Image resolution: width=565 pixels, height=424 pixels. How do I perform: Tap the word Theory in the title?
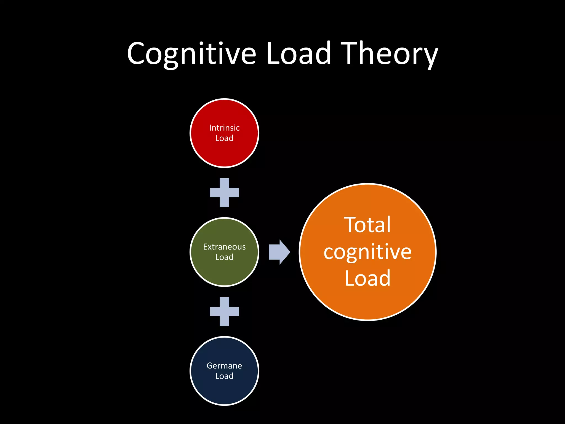pyautogui.click(x=389, y=54)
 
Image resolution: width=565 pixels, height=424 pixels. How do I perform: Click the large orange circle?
pyautogui.click(x=368, y=304)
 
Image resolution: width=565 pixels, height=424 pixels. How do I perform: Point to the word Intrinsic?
pyautogui.click(x=224, y=128)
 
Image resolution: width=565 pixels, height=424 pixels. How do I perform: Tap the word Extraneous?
pyautogui.click(x=224, y=247)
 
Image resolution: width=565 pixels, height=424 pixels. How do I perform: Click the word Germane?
pyautogui.click(x=224, y=366)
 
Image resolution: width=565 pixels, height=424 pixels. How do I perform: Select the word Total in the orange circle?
pyautogui.click(x=367, y=225)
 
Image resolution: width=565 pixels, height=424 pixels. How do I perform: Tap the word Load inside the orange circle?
pyautogui.click(x=367, y=278)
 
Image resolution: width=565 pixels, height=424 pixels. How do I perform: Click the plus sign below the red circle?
pyautogui.click(x=224, y=192)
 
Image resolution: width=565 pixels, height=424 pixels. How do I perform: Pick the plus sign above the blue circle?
pyautogui.click(x=224, y=311)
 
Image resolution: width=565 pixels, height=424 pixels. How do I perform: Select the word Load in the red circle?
pyautogui.click(x=224, y=138)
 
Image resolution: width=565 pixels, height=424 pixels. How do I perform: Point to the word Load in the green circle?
pyautogui.click(x=224, y=257)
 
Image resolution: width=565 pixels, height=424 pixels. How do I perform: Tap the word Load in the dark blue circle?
pyautogui.click(x=224, y=376)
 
